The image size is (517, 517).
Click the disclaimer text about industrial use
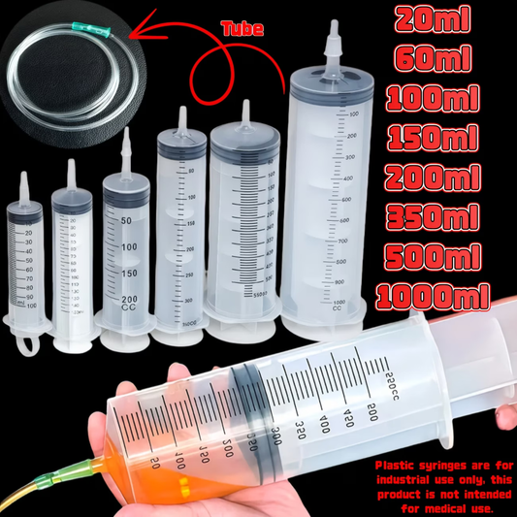442,486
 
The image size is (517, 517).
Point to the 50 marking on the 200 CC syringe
125,221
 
